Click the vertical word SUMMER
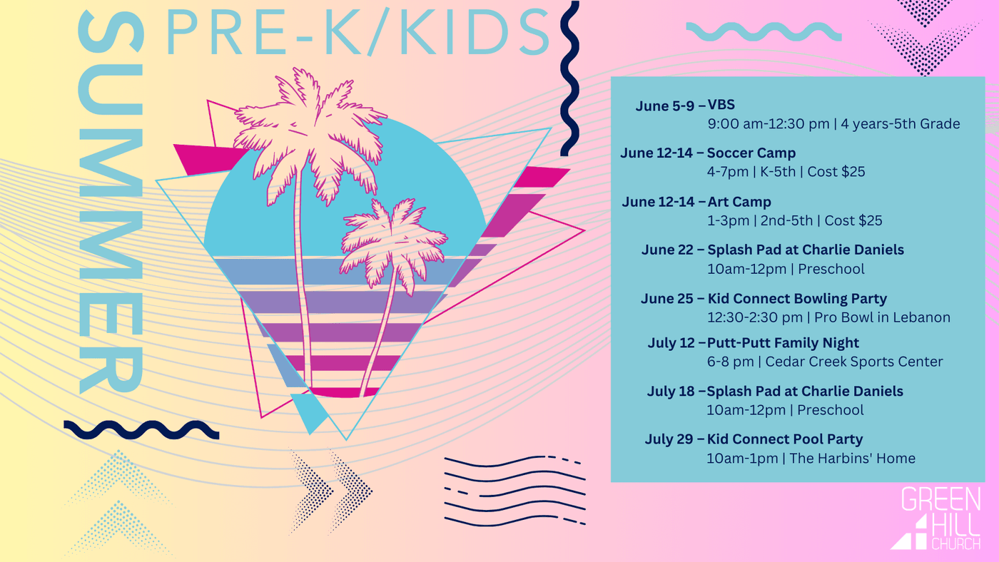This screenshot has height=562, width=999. coord(111,203)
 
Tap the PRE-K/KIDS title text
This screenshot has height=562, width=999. coord(358,31)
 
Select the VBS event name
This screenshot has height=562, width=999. coord(721,105)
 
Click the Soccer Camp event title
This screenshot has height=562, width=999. coord(751,153)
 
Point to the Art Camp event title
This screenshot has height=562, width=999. coord(739,202)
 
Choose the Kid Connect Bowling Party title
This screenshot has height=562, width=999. coord(797,299)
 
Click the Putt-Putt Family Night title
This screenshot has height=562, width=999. coord(783,343)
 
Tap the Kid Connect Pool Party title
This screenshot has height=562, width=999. coord(784,439)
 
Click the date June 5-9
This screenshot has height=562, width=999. coord(664,106)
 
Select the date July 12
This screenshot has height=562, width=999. coord(671,343)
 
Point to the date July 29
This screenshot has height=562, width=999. coord(669,439)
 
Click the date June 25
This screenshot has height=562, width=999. coord(666,299)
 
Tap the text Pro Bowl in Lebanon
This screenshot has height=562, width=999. coord(882,317)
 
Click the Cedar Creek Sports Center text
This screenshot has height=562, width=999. coord(854,362)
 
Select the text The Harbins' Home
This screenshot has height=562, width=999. coord(852,458)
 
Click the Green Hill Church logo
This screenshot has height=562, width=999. coord(936,518)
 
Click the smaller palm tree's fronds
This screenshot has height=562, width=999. coord(392,243)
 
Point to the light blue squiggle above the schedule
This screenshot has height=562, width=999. coord(764,31)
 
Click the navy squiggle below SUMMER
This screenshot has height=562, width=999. coord(141,429)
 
